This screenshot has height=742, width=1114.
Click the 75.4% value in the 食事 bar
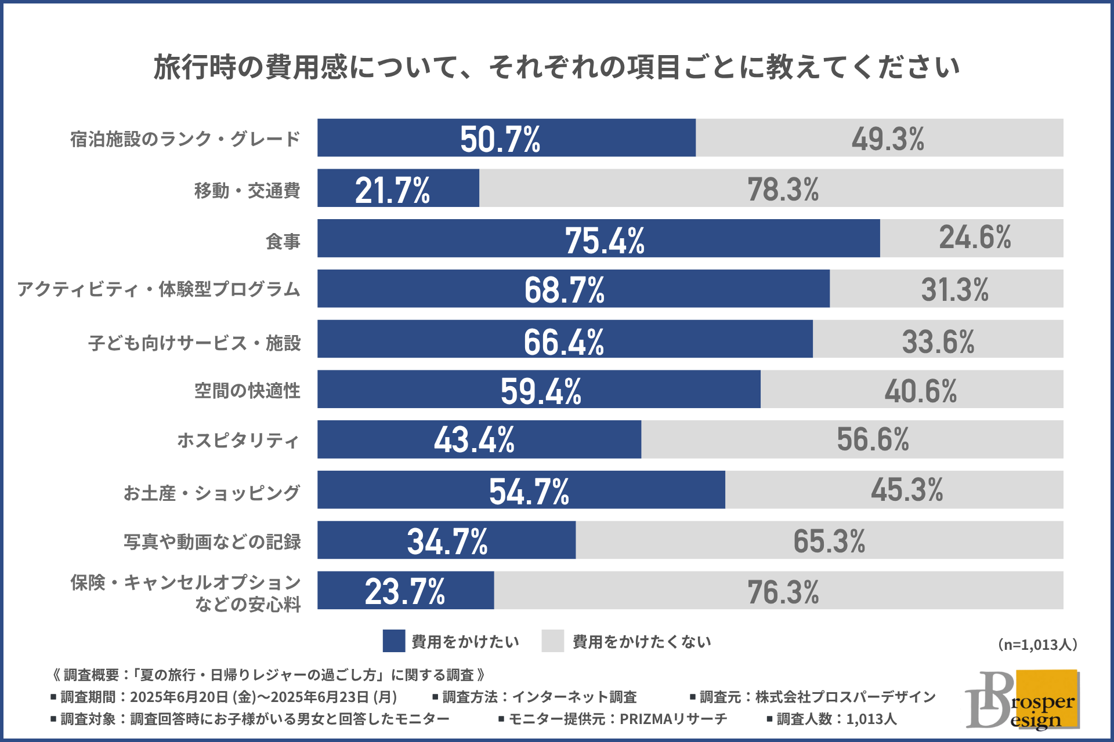click(605, 240)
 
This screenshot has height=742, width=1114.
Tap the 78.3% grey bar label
click(783, 190)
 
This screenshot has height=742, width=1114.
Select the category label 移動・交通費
click(247, 190)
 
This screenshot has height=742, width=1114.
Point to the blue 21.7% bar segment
click(398, 188)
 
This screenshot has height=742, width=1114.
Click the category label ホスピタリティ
click(238, 441)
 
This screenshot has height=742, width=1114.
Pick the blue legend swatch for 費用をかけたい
click(394, 641)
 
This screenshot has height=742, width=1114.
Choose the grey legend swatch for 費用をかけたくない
click(552, 641)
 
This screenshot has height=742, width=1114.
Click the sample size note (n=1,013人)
click(1037, 645)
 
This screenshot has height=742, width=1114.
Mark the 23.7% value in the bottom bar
click(405, 591)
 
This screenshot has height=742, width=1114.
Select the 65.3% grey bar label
click(829, 541)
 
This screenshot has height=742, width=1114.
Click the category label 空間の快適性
click(247, 391)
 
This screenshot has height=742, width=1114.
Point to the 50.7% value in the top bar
click(500, 139)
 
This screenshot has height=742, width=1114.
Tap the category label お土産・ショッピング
click(212, 493)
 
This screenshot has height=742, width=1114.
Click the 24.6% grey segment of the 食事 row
click(975, 238)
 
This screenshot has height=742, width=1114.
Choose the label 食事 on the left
click(283, 241)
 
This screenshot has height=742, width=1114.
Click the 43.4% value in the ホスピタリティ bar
click(474, 439)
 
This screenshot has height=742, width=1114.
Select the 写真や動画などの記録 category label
click(212, 542)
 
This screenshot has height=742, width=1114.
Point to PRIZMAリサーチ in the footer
click(673, 719)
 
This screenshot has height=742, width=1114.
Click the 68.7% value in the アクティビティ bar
click(565, 289)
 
